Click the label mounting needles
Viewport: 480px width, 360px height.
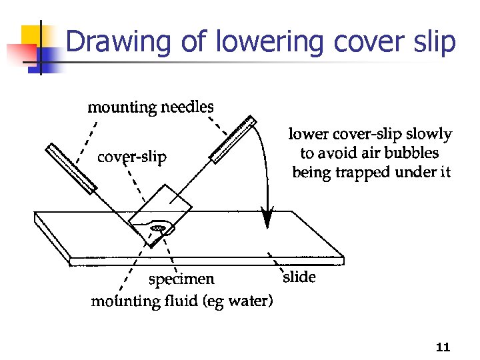pyautogui.click(x=151, y=107)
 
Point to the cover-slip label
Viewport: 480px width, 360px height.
pyautogui.click(x=132, y=158)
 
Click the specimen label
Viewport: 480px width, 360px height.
pyautogui.click(x=181, y=279)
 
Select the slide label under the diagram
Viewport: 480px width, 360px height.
pyautogui.click(x=299, y=277)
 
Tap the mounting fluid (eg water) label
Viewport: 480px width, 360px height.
pyautogui.click(x=181, y=301)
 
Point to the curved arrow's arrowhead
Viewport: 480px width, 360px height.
pyautogui.click(x=268, y=219)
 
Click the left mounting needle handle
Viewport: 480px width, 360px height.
pyautogui.click(x=69, y=165)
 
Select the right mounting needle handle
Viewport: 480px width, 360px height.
pyautogui.click(x=233, y=138)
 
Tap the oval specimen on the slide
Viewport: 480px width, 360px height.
pyautogui.click(x=159, y=229)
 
